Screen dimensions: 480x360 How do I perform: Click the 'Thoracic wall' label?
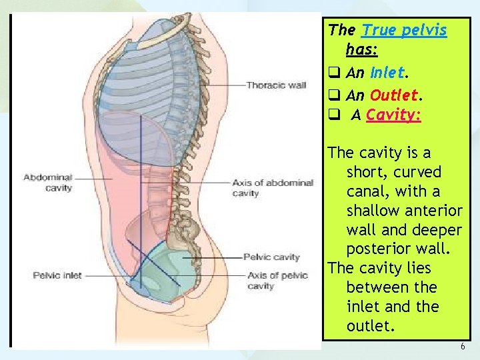[x=276, y=85]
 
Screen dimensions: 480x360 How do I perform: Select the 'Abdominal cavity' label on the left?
[x=47, y=182]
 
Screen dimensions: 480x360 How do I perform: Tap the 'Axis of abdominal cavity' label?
[x=273, y=187]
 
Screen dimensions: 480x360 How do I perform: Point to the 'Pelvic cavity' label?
[x=271, y=257]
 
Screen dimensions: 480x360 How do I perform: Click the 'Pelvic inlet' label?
[x=57, y=275]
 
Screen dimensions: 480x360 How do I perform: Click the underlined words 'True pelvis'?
[x=404, y=29]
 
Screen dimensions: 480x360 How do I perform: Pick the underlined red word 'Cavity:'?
[x=393, y=115]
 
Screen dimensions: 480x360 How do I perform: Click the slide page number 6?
[x=462, y=347]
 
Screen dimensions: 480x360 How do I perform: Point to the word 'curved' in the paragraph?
[x=417, y=172]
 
